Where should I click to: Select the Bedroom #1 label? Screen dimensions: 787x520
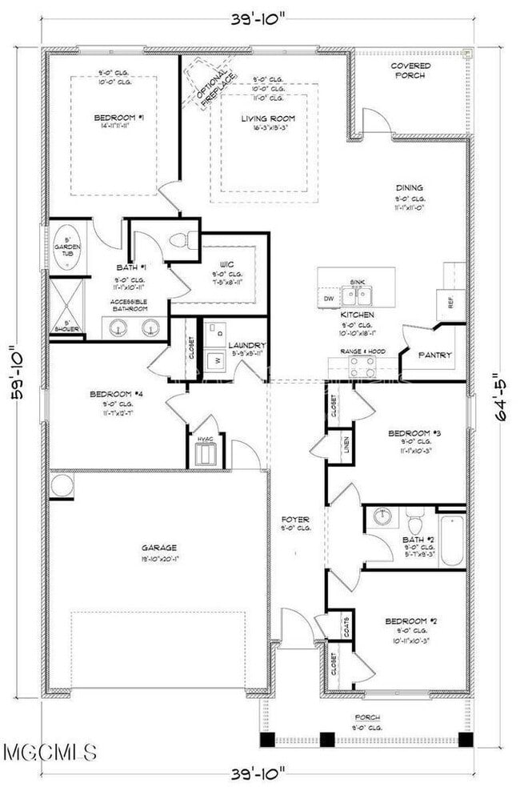118,118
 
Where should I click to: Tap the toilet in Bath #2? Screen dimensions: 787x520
415,524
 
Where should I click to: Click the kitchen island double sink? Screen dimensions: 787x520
357,296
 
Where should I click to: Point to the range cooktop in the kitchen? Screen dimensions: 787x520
362,367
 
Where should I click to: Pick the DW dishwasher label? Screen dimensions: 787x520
329,298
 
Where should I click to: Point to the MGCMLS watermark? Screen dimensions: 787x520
50,753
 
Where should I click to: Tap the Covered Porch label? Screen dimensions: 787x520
410,70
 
